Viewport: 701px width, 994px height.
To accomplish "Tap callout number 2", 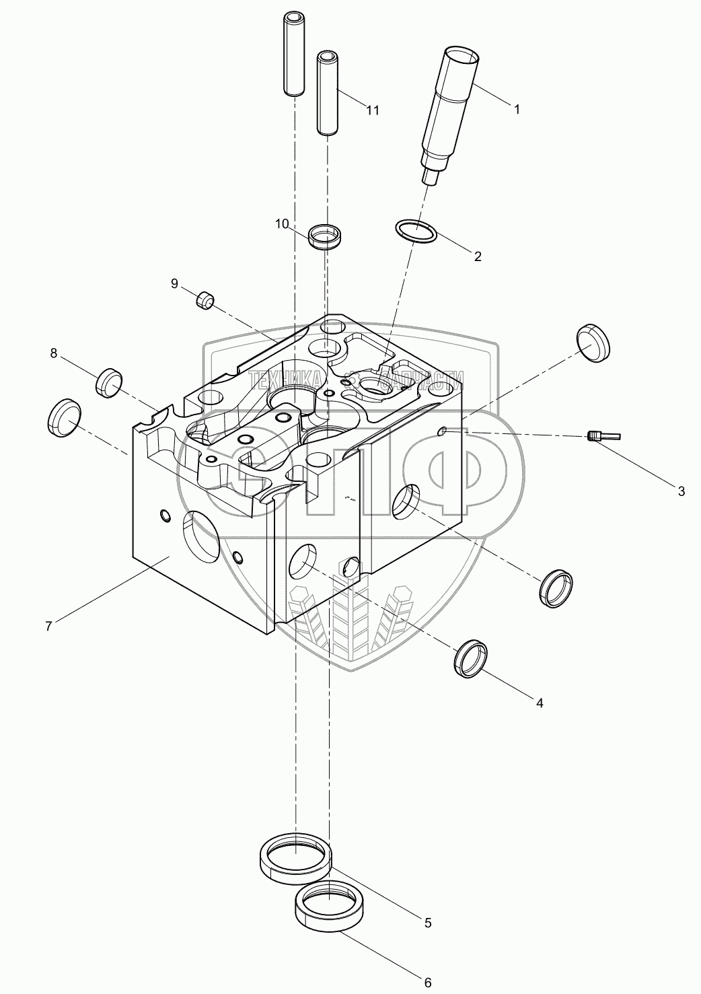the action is point(478,256).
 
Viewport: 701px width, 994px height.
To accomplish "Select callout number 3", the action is point(681,491).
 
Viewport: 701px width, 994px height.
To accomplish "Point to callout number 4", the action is point(539,703).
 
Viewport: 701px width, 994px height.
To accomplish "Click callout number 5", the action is point(427,923).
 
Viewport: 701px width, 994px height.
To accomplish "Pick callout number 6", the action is point(427,983).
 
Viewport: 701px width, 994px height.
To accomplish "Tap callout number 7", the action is point(48,626).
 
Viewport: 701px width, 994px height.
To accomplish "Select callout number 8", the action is point(52,352).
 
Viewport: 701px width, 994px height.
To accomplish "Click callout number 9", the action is point(174,283).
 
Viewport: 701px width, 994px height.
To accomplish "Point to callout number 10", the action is point(281,223).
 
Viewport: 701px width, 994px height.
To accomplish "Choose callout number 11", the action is point(372,110).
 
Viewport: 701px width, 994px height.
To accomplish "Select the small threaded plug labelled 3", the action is point(603,436).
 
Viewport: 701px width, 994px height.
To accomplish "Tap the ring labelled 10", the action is point(326,238).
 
